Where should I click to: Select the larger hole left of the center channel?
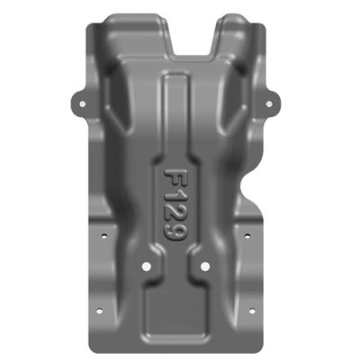coord(148,267)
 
